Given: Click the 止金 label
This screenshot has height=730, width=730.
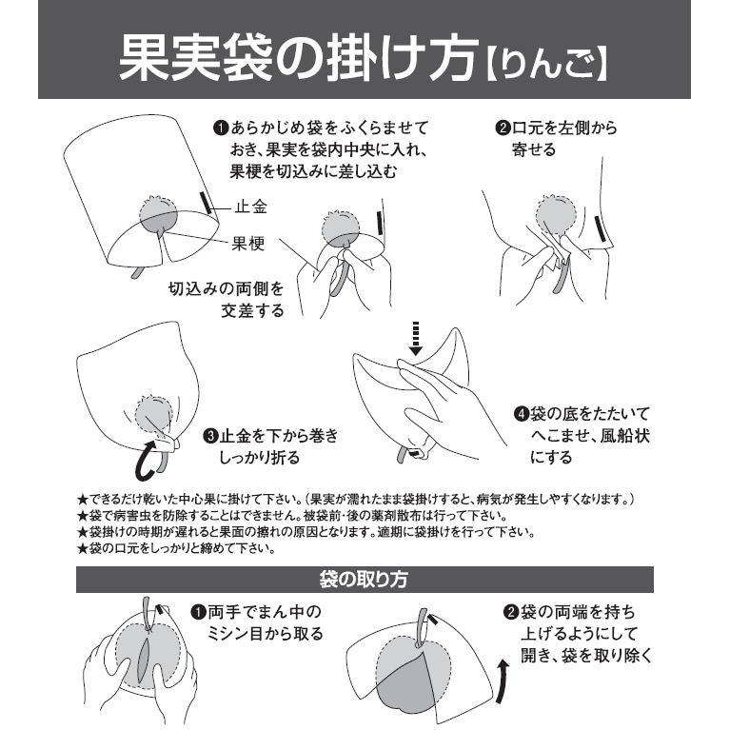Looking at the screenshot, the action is tap(251, 207).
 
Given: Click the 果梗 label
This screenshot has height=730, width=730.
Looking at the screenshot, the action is tap(249, 244).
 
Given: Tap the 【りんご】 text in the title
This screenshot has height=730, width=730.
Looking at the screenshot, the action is tap(548, 65).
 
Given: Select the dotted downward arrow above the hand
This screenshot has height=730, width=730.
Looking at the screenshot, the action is tap(416, 338).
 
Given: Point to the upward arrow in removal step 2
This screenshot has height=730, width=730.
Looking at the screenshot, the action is tap(502, 681).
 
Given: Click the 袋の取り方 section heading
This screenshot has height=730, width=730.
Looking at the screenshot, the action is tap(365, 580).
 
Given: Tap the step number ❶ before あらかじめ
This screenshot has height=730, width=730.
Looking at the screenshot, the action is tap(220, 128).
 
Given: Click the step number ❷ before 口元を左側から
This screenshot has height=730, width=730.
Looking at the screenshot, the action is tap(503, 128).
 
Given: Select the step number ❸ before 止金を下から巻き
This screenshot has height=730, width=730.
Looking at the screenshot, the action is tap(211, 436).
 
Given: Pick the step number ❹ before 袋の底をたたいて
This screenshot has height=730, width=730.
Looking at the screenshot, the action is tap(521, 413).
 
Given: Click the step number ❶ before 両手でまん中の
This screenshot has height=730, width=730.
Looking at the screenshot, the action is tap(198, 612).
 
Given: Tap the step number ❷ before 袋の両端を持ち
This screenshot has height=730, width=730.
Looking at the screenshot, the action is tap(511, 612).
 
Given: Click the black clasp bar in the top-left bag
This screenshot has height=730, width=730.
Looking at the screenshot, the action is tap(206, 203).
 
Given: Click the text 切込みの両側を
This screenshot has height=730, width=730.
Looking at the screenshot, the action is tap(226, 288).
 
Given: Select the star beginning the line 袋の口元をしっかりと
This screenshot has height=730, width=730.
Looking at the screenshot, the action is tap(83, 549).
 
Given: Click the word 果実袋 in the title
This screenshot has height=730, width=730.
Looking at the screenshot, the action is tap(196, 58).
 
